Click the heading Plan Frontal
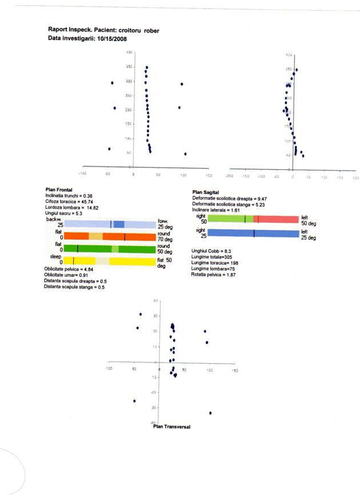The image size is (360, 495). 58,190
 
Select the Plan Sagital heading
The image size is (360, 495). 206,192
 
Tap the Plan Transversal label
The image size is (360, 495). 171,426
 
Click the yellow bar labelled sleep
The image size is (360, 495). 109,261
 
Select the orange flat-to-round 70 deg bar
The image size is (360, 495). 109,236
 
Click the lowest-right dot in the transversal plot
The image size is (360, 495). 210,412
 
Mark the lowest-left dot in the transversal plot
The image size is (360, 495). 134,401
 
